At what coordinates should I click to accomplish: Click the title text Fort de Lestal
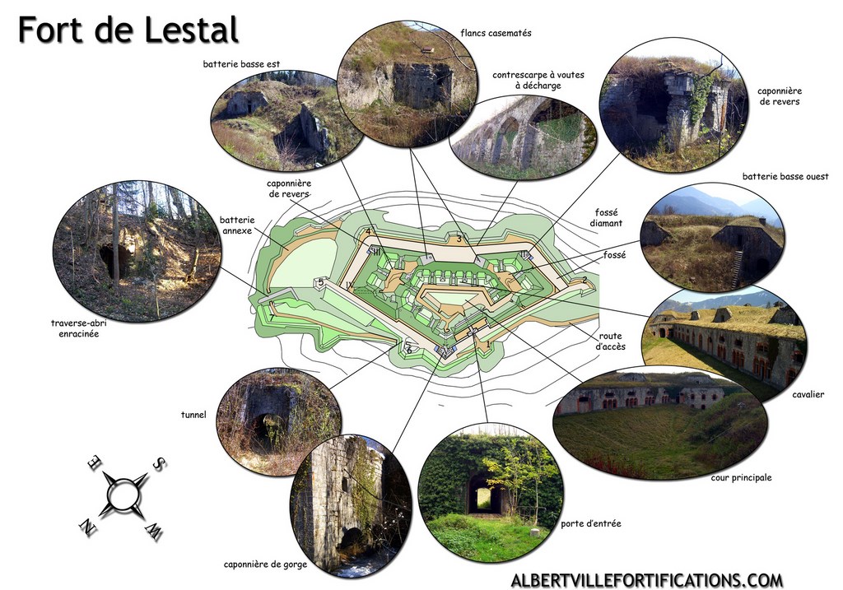[x=128, y=30]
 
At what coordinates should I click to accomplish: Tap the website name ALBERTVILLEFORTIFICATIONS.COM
[x=647, y=580]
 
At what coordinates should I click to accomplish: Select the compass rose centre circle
[x=123, y=493]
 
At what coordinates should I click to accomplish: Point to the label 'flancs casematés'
[x=496, y=33]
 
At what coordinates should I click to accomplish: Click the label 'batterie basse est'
[x=241, y=64]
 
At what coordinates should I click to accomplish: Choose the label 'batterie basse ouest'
[x=785, y=176]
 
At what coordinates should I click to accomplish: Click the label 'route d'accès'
[x=610, y=341]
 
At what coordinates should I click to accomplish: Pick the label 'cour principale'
[x=741, y=477]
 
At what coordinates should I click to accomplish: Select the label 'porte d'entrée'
[x=591, y=523]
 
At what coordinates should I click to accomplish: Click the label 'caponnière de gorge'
[x=265, y=564]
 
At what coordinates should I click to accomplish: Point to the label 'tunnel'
[x=193, y=414]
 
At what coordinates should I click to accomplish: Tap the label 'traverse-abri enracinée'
[x=78, y=328]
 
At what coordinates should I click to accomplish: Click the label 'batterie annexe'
[x=237, y=225]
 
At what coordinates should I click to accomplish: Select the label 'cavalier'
[x=808, y=394]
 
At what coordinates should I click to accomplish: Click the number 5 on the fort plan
[x=321, y=282]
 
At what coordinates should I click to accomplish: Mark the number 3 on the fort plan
[x=459, y=239]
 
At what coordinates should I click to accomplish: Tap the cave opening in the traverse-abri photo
[x=115, y=262]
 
